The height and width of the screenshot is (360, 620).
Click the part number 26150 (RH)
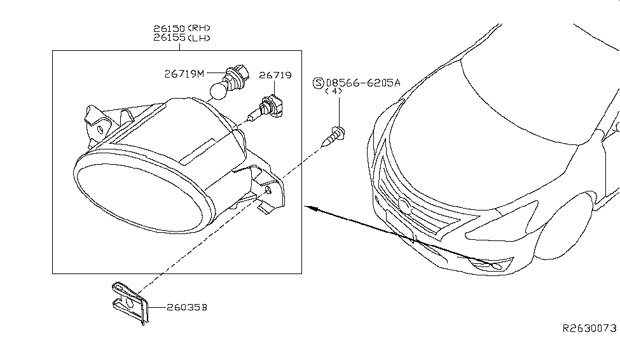pyautogui.click(x=181, y=29)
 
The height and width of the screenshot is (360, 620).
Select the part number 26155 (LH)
pyautogui.click(x=181, y=38)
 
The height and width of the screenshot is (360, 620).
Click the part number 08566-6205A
pyautogui.click(x=363, y=83)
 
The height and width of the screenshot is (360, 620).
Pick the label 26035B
pyautogui.click(x=186, y=308)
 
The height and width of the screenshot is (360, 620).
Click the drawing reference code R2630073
pyautogui.click(x=589, y=328)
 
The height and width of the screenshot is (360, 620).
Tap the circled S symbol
pyautogui.click(x=319, y=83)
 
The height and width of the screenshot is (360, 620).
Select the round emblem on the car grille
pyautogui.click(x=404, y=205)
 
